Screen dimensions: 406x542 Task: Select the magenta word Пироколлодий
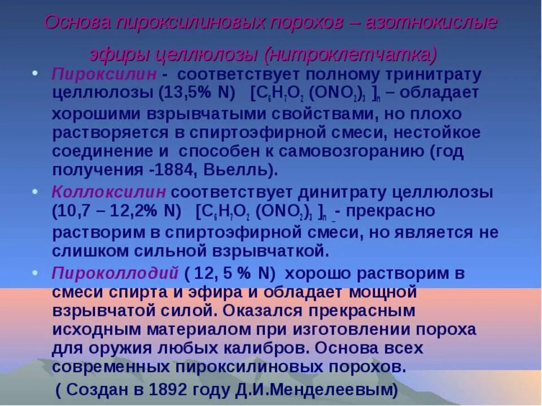coord(116,273)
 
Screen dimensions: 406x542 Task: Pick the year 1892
coord(172,389)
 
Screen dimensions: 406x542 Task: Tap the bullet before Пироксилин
coord(34,73)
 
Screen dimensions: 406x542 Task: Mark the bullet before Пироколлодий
coord(34,271)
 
